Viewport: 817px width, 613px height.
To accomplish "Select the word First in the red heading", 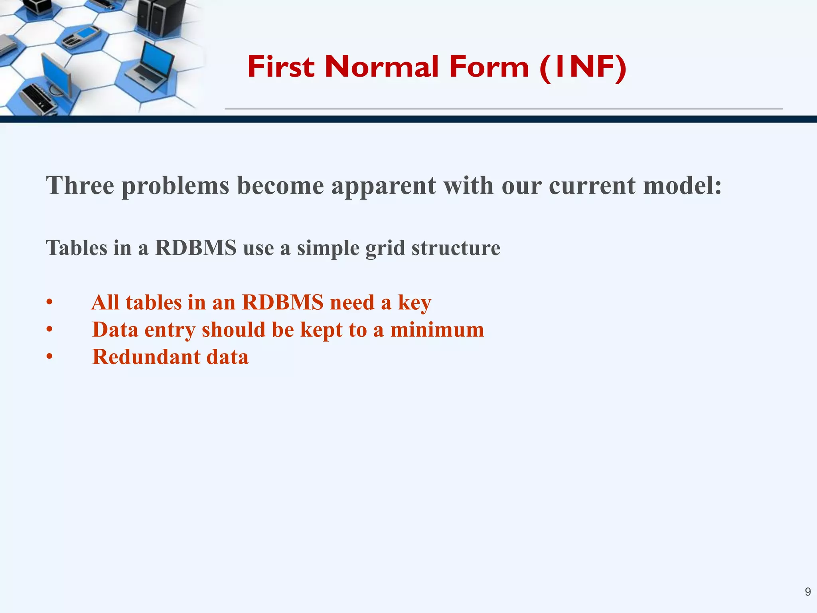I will [x=281, y=67].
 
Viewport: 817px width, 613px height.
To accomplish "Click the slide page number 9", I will [x=807, y=591].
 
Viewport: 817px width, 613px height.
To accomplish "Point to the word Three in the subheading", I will [x=80, y=186].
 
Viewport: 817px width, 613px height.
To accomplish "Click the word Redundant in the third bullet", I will [x=146, y=357].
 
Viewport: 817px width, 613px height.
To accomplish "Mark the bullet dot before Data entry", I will [x=49, y=330].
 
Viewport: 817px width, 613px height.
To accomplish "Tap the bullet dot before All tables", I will [x=49, y=303].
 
